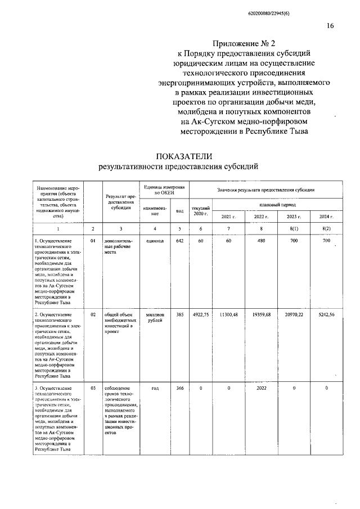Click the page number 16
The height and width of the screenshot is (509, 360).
tap(330, 25)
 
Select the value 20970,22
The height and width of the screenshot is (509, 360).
tap(294, 315)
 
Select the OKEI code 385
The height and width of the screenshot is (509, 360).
tap(179, 315)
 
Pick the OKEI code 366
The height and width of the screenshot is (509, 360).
tap(179, 388)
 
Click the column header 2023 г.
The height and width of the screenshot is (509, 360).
tap(294, 217)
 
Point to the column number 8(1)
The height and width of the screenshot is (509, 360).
tap(294, 228)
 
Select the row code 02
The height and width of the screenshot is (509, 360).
tap(93, 315)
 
